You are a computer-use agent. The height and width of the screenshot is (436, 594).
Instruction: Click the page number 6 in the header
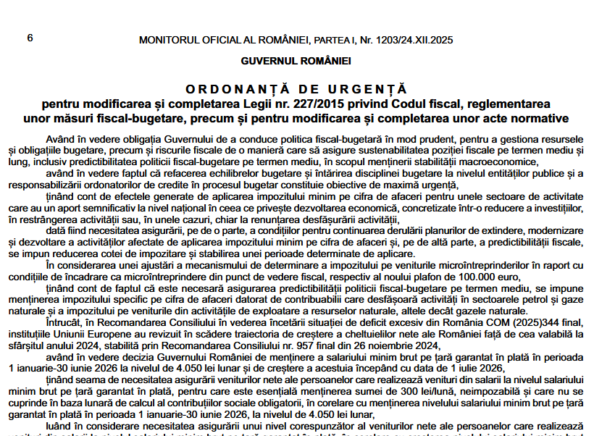point(30,37)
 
